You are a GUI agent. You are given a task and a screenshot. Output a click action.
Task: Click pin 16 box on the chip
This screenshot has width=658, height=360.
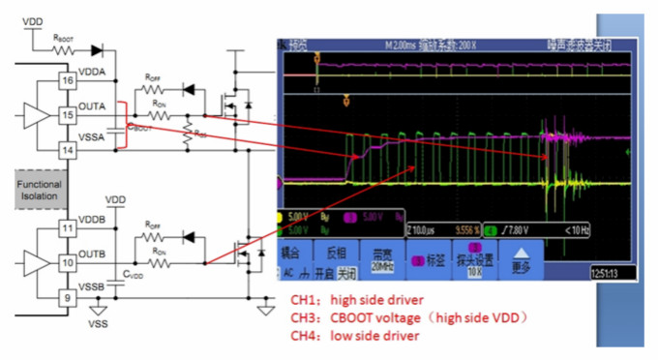(67, 81)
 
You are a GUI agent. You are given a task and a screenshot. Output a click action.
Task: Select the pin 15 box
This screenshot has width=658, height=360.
(67, 115)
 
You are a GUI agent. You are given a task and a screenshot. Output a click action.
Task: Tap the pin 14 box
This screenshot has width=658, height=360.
(67, 149)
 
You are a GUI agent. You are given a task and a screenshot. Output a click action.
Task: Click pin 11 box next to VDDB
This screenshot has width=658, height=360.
(67, 228)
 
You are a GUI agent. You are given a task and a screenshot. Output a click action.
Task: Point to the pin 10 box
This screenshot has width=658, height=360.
(67, 262)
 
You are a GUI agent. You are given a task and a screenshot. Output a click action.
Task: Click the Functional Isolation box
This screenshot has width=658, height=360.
(39, 190)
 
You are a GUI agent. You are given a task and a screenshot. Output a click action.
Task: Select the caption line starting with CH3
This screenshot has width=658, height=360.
(406, 317)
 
